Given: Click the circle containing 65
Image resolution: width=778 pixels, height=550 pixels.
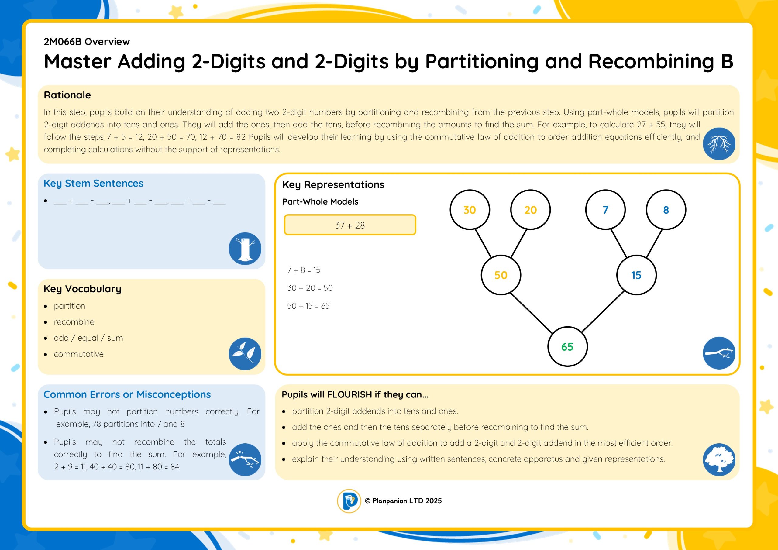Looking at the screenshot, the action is click(x=568, y=346).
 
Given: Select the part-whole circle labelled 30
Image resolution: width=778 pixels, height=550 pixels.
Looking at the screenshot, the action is click(x=470, y=210).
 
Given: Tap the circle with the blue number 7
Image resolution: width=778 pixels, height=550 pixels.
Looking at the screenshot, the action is click(x=605, y=210).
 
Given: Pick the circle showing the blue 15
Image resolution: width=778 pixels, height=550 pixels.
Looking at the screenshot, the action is click(x=636, y=275).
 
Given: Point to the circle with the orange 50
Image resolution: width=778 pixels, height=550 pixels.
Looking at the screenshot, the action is click(x=501, y=275).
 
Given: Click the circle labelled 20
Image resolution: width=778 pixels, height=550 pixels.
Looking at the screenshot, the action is click(x=530, y=210).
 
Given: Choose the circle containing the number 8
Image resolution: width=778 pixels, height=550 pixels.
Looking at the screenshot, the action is click(x=666, y=210).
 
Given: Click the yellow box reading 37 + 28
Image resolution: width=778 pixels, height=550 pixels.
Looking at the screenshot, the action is click(x=350, y=225).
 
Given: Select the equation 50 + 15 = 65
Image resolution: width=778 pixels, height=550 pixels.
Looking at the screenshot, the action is click(x=308, y=306).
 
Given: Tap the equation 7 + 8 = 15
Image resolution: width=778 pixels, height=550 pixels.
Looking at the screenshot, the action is click(x=304, y=270).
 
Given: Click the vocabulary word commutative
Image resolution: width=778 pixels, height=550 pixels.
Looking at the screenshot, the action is click(x=79, y=354).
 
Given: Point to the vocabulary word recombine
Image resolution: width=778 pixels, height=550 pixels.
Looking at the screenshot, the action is click(x=74, y=322).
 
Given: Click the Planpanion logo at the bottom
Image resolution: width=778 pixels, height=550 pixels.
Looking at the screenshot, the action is click(x=349, y=501).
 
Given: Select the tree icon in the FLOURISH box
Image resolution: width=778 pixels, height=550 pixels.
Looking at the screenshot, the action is click(x=719, y=459).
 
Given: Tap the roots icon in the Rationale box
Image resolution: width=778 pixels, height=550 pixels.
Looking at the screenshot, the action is click(x=719, y=144).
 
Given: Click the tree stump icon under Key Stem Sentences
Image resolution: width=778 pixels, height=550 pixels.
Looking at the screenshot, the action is click(x=245, y=248).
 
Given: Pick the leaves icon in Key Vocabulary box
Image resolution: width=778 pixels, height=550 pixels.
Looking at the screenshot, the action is click(x=245, y=353).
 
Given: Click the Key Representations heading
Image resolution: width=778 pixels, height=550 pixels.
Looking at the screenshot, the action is click(x=333, y=185).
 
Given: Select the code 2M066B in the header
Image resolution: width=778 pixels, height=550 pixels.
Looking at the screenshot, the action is click(x=63, y=42).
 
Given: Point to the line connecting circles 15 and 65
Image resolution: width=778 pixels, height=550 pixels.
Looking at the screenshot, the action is click(x=603, y=311).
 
